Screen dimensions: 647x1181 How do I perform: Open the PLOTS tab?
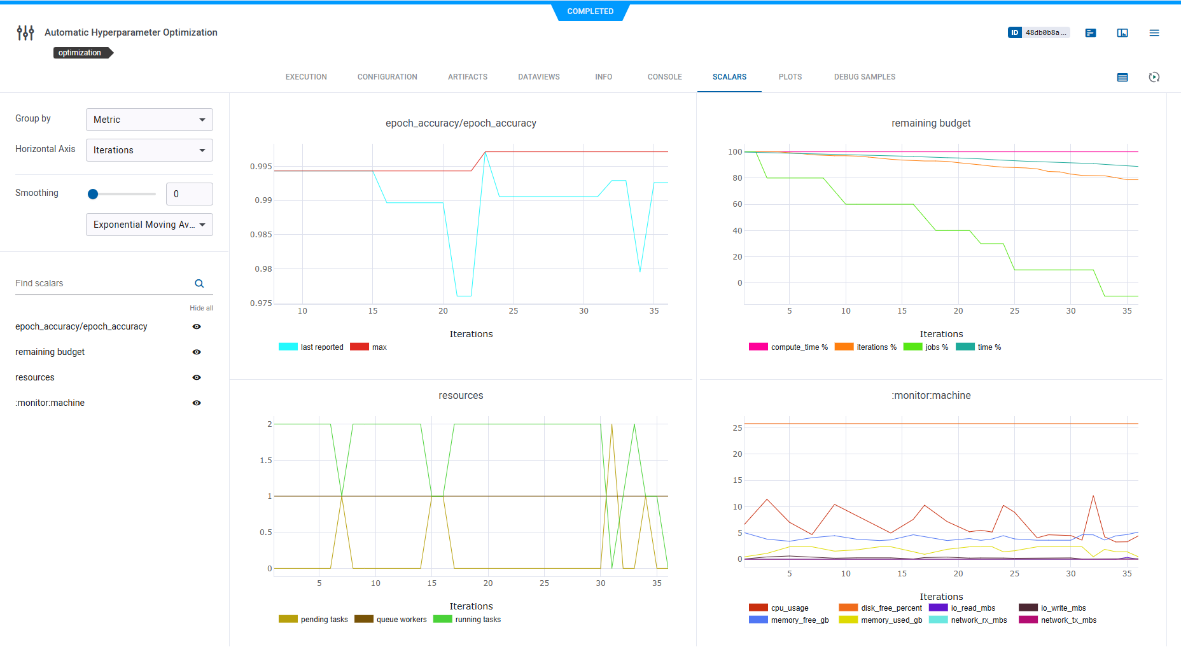tap(790, 77)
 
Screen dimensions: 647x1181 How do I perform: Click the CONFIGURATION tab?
tap(387, 77)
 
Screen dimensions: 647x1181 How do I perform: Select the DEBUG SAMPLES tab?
tap(864, 77)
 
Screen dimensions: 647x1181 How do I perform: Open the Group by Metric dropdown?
tap(149, 120)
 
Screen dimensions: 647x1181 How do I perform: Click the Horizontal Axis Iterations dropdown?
tap(149, 150)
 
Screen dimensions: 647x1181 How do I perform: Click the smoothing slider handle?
tap(93, 194)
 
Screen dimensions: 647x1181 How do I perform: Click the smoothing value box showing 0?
tap(189, 194)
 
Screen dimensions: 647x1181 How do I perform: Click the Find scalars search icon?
tap(199, 284)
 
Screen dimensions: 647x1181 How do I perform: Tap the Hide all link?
tap(201, 308)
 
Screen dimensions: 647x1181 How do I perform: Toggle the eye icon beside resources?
tap(197, 377)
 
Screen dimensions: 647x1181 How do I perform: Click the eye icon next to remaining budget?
tap(197, 352)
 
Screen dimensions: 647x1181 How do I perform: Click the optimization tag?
tap(81, 53)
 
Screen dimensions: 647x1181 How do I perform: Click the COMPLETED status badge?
tap(590, 11)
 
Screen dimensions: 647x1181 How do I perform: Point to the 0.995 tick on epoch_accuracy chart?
tap(261, 167)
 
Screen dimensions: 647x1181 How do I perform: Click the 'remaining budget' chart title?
tap(930, 123)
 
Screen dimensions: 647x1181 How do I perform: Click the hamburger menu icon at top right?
tap(1154, 33)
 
